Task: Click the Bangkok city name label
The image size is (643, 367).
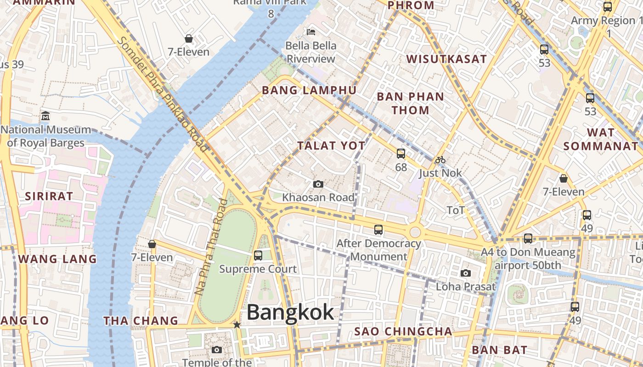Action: pos(290,313)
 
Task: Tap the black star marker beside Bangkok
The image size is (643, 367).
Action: pos(237,325)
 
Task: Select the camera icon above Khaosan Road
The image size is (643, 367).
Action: pos(318,184)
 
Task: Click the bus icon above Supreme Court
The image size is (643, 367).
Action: pos(258,256)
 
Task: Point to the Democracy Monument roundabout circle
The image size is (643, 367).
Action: pos(415,232)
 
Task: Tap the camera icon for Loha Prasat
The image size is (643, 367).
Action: pos(466,273)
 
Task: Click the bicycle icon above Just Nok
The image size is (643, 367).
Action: pos(440,160)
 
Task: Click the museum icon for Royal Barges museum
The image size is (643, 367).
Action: pos(45,116)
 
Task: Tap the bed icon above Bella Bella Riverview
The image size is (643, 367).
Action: pos(311,32)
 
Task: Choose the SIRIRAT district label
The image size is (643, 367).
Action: pos(49,196)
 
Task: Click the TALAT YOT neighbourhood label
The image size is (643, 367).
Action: pos(331,146)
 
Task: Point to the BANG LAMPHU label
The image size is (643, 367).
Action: pos(309,90)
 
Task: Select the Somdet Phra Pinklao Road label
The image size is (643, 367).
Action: pos(163,94)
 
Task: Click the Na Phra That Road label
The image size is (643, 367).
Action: pos(211,246)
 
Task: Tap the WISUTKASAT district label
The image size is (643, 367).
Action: pos(446,59)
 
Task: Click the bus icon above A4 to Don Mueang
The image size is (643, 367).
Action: pos(528,239)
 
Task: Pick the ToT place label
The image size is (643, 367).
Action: pos(456,211)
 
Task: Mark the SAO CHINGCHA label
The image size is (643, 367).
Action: pos(403,331)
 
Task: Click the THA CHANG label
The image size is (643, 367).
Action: pos(141,321)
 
